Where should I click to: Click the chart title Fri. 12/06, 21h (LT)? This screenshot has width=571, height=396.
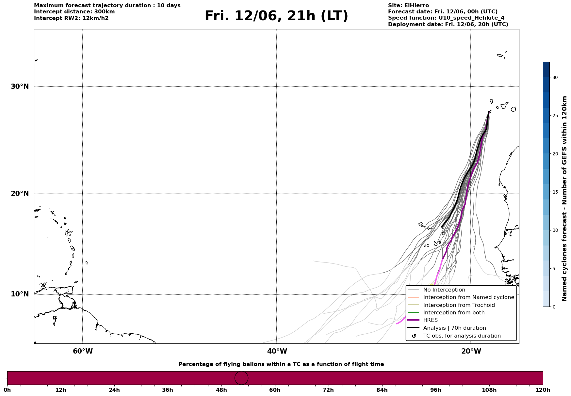(x=276, y=16)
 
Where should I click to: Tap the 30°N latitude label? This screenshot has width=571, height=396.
(x=20, y=87)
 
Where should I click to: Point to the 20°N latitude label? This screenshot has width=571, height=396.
(x=20, y=194)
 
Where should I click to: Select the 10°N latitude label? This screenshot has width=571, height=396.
(x=20, y=294)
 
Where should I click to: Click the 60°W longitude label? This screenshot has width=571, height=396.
(x=83, y=351)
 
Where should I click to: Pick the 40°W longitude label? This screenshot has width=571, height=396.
(x=277, y=351)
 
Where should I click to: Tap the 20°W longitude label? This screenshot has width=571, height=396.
(x=471, y=351)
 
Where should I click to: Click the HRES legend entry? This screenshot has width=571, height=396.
(x=430, y=320)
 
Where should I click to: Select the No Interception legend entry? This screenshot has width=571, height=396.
(x=444, y=290)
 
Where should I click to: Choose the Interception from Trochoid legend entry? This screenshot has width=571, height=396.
(x=459, y=305)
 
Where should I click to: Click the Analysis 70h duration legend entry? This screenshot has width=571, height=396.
(x=454, y=328)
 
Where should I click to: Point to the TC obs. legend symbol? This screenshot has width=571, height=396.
(x=414, y=336)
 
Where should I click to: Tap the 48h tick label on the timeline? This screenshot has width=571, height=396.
(x=221, y=390)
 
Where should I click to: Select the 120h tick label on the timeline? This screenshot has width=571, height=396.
(x=543, y=390)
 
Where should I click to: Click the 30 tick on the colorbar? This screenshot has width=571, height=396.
(x=555, y=77)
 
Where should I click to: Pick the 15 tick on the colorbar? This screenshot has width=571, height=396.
(x=555, y=192)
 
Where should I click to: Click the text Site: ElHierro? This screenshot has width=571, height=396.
(x=408, y=6)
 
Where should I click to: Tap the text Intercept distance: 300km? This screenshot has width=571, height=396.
(x=74, y=12)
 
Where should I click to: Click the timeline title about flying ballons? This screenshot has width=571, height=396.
(x=281, y=364)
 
